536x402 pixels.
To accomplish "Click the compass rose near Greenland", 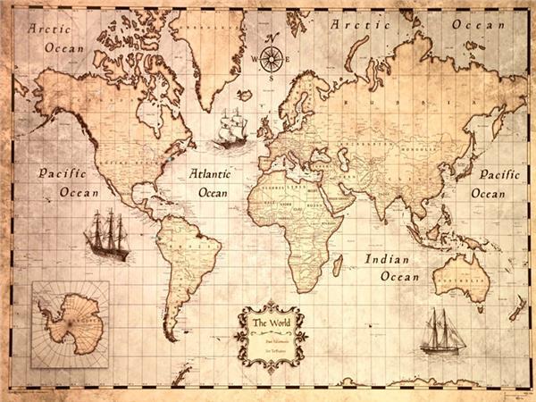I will point(272,58).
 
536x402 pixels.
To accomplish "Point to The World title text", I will point(271,322).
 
